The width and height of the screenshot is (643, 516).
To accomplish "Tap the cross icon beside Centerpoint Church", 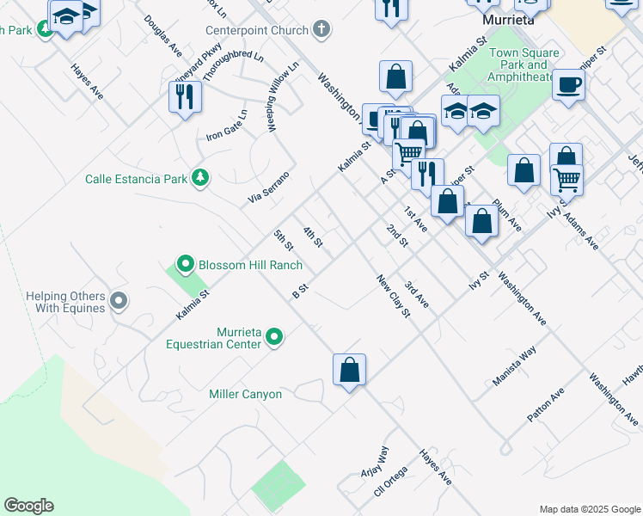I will (x=321, y=30).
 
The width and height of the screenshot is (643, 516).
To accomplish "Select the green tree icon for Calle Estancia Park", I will (x=200, y=178).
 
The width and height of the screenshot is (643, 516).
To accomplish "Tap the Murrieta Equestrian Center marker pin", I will (x=274, y=336).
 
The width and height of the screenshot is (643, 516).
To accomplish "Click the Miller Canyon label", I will (x=245, y=394).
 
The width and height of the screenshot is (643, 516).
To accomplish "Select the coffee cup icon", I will (x=568, y=85).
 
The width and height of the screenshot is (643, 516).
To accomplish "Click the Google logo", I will (x=28, y=506).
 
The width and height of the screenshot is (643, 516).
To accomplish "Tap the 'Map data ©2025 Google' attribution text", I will (x=589, y=509).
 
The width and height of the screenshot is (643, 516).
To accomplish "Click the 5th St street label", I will (x=283, y=241).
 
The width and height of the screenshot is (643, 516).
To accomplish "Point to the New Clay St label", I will (x=394, y=295).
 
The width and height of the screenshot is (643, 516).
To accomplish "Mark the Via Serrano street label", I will (x=269, y=187).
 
